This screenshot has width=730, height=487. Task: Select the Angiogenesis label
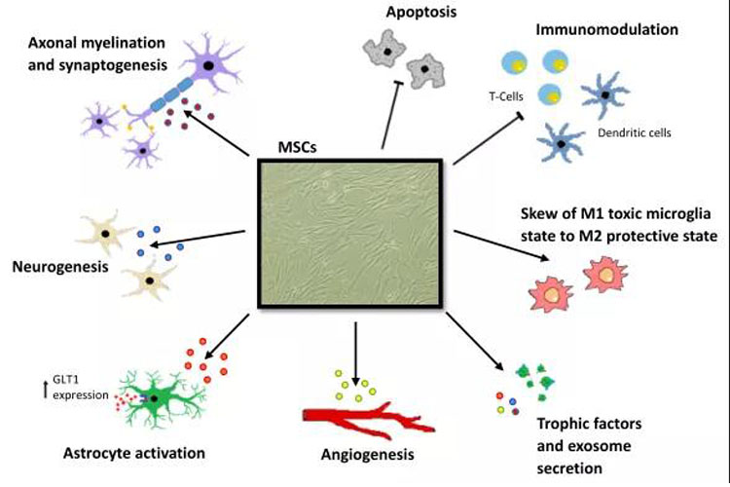coord(362,454)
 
